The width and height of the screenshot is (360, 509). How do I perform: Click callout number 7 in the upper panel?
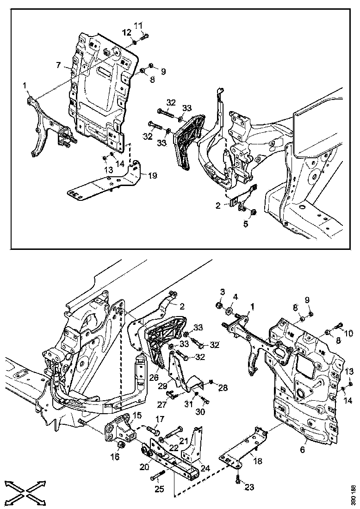point(59,65)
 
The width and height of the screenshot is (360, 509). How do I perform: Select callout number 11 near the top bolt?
point(138,25)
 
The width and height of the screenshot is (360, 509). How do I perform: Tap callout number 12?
point(126,32)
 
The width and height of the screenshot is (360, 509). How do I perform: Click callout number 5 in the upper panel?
point(246,224)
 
